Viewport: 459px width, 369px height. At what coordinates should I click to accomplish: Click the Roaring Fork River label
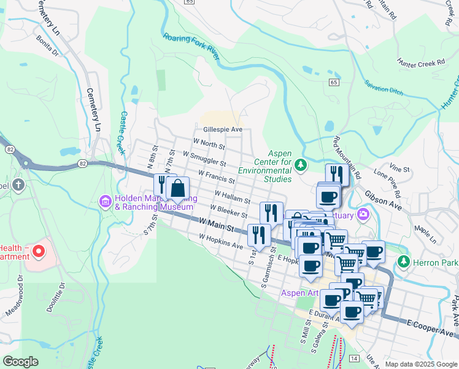pos(191,46)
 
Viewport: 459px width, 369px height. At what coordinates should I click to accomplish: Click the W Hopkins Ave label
pos(221,240)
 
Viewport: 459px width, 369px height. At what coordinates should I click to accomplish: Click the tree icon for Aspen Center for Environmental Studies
pos(301,164)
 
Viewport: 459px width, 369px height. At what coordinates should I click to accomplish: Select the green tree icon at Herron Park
pos(403,263)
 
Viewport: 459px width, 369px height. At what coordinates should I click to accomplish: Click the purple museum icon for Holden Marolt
pos(105,201)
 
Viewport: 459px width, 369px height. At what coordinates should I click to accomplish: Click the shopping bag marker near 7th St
pos(177,189)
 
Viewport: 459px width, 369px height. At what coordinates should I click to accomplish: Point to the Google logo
pos(20,361)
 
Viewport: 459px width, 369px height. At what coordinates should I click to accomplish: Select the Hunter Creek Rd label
pos(421,63)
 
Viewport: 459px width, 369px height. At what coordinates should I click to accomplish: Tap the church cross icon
pos(19,185)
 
